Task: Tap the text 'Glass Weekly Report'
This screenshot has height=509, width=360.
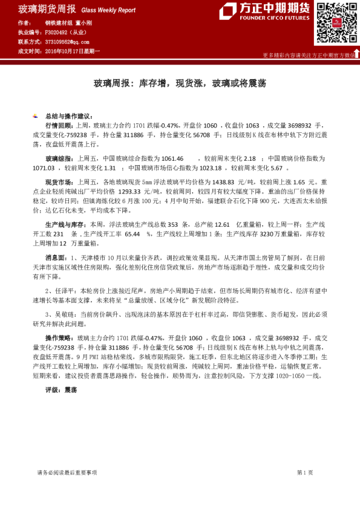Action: pyautogui.click(x=108, y=10)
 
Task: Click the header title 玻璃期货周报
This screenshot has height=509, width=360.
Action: pyautogui.click(x=47, y=9)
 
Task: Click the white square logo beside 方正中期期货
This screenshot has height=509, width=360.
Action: pyautogui.click(x=227, y=11)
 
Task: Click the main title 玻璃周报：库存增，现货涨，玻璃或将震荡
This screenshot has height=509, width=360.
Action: pyautogui.click(x=179, y=83)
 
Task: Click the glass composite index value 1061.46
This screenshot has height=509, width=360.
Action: pyautogui.click(x=172, y=157)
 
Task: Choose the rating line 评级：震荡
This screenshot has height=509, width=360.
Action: pyautogui.click(x=61, y=390)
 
